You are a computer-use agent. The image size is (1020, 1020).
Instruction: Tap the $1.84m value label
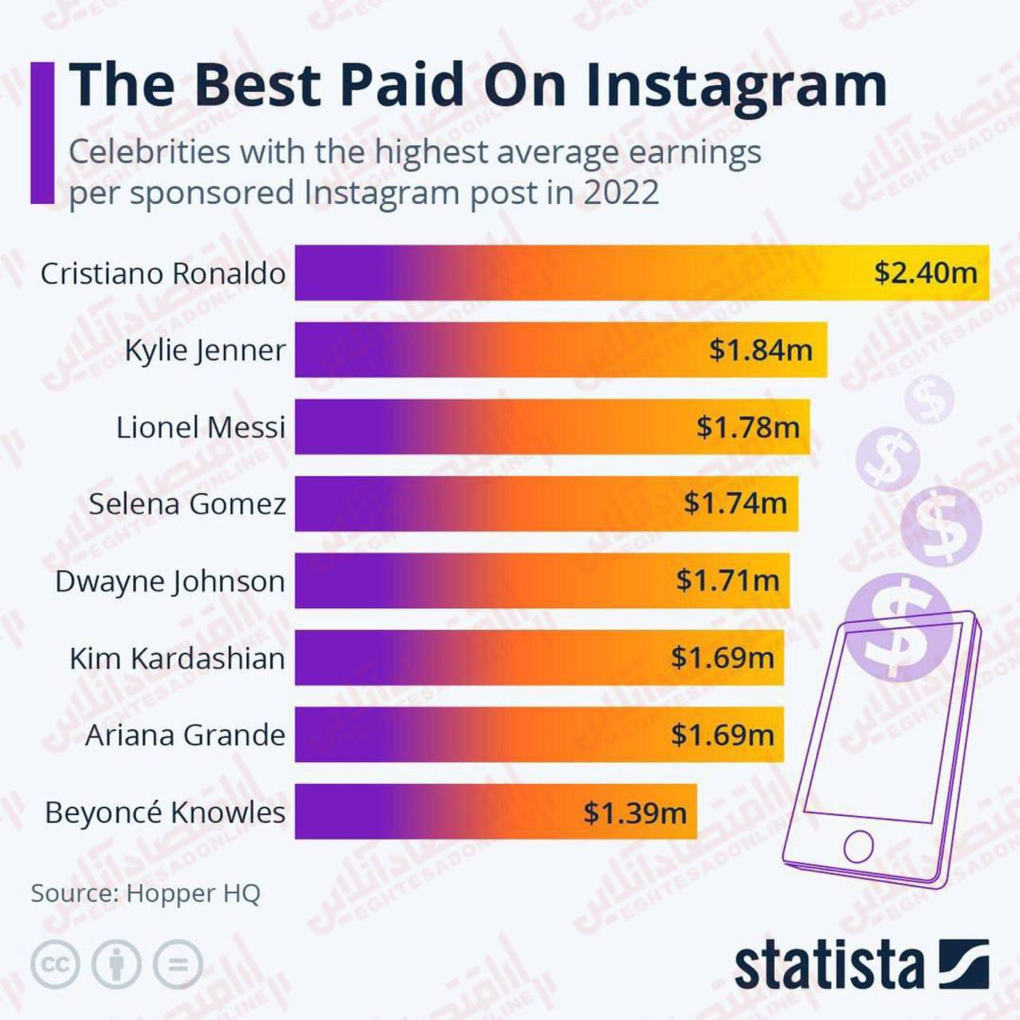coord(760,349)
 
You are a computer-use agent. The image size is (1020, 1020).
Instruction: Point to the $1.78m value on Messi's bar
coord(747,427)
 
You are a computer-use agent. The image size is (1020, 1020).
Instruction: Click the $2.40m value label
coord(925,273)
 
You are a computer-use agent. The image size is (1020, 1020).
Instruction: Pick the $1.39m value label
coord(634,812)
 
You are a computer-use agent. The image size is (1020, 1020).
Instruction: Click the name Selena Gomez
coord(187,504)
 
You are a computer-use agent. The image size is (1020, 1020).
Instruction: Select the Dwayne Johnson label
coord(170,581)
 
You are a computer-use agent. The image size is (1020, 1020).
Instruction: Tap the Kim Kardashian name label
coord(177,658)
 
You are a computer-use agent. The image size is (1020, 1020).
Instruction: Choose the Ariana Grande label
coord(185,735)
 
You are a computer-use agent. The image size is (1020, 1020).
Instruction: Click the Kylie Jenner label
coord(205,350)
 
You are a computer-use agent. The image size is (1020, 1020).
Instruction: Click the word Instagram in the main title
coord(736,84)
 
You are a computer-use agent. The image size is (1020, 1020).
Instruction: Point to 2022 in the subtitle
coord(622,193)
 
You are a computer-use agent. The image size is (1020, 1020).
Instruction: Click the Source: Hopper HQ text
coord(146,892)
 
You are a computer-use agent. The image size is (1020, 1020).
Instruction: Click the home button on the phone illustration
coord(858,845)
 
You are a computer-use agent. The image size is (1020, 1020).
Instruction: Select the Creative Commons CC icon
coord(55,964)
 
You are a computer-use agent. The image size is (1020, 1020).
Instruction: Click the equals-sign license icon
coord(178,964)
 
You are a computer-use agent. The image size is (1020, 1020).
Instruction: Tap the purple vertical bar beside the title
coord(42,132)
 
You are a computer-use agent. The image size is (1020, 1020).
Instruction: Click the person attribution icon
coord(116,964)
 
